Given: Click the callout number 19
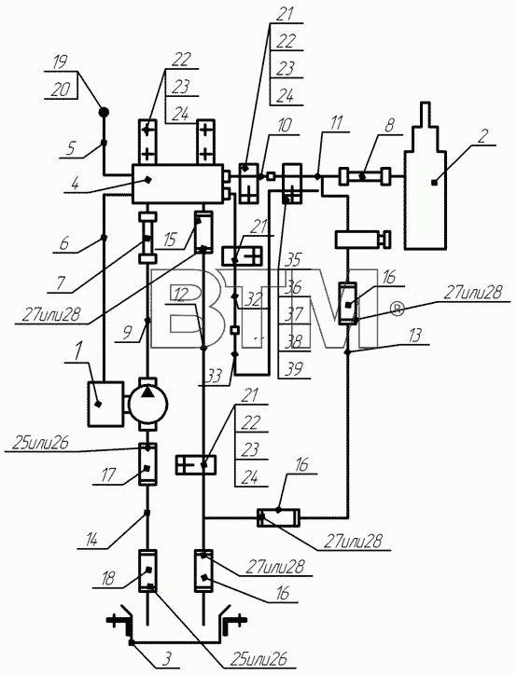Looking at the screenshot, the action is (x=59, y=62).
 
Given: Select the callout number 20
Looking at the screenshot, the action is (x=61, y=90).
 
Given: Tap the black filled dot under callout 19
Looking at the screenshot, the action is (x=104, y=113).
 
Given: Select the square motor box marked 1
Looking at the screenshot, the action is (x=105, y=404).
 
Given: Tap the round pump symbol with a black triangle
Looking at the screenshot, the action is (x=148, y=404).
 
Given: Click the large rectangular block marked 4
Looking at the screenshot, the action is (x=178, y=184).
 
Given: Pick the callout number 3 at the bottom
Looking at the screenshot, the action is (x=168, y=658).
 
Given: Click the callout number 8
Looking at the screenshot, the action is (x=389, y=127).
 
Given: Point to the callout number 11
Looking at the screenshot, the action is (x=336, y=123).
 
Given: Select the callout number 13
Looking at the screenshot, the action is (x=415, y=336).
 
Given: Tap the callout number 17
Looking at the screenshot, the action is (x=108, y=475).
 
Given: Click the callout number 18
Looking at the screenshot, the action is (x=107, y=579).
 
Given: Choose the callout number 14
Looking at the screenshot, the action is (x=92, y=540).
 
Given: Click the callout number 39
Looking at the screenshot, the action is (x=293, y=369).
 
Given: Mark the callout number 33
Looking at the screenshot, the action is (x=214, y=376).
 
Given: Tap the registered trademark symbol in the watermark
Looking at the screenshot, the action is (x=398, y=309).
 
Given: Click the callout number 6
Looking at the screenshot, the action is (x=64, y=243).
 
